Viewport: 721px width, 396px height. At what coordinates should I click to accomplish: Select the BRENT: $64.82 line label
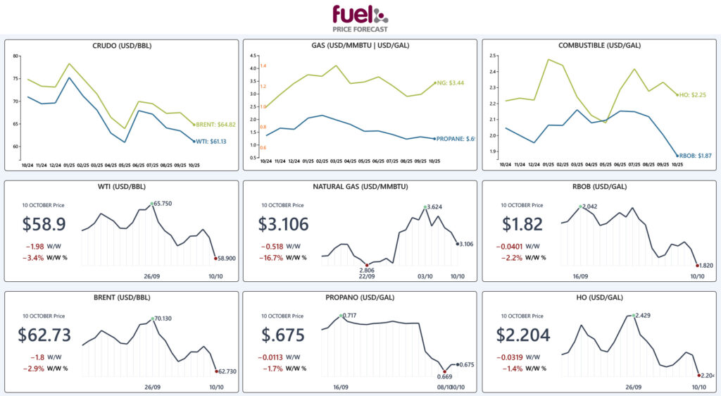[x=215, y=125]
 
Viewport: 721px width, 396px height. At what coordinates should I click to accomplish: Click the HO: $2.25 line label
[x=693, y=94]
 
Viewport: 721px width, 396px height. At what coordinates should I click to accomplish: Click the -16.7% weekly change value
[x=274, y=258]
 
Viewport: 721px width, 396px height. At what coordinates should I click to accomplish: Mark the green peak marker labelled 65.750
[x=152, y=204]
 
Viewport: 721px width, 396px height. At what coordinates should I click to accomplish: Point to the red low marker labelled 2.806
[x=366, y=265]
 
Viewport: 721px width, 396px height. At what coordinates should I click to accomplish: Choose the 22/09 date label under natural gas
[x=366, y=277]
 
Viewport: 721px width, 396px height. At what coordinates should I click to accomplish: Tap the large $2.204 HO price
[x=523, y=335]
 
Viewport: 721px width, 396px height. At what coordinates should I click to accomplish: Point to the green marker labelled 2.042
[x=580, y=207]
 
